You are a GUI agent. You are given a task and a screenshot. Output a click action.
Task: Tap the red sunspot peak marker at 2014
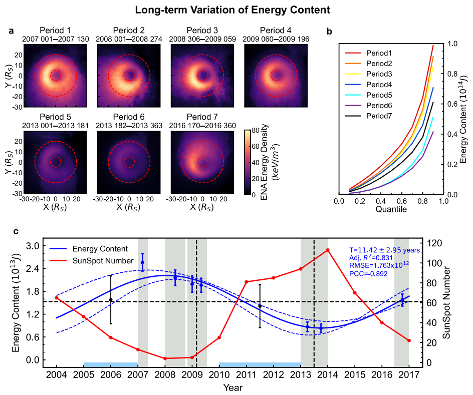click(x=328, y=250)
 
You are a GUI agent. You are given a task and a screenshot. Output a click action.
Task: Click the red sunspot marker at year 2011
click(x=247, y=282)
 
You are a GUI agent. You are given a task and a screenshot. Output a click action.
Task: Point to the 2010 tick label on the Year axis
click(x=219, y=374)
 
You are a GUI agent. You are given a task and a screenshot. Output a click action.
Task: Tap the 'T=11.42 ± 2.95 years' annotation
click(x=384, y=250)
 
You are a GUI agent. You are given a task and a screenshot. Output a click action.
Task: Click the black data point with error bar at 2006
click(x=111, y=300)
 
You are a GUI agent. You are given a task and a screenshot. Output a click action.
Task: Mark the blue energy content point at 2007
click(x=142, y=262)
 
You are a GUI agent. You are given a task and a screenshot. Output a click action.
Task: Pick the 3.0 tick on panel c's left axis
click(x=39, y=246)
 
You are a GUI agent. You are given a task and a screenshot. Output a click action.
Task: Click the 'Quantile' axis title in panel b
click(x=391, y=210)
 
